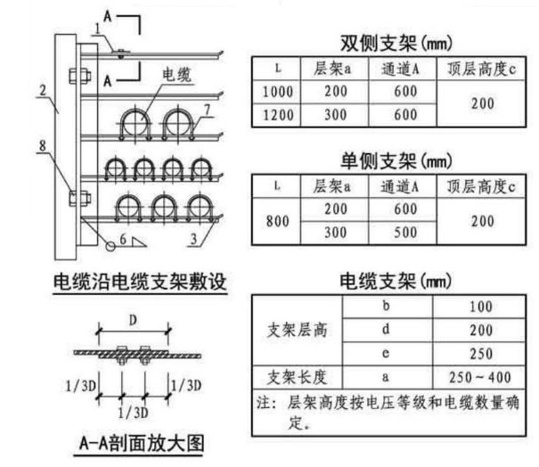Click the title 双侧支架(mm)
(x=396, y=44)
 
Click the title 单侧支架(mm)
(x=396, y=161)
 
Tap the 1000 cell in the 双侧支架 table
(x=278, y=92)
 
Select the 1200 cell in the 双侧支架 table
(x=278, y=115)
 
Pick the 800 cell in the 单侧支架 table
(x=278, y=221)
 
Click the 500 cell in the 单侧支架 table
(x=405, y=233)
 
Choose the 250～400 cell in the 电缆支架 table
(x=479, y=378)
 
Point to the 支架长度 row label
(x=297, y=378)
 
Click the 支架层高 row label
(x=297, y=330)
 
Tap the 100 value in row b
(x=481, y=307)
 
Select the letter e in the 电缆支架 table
(x=386, y=353)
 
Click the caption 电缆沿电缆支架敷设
(x=140, y=282)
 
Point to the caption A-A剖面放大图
(x=142, y=443)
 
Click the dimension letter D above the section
(x=133, y=321)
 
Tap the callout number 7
(x=207, y=110)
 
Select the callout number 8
(x=42, y=145)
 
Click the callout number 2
(x=43, y=90)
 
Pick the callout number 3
(x=194, y=239)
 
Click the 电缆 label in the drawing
(x=176, y=75)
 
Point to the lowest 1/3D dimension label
(x=133, y=413)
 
